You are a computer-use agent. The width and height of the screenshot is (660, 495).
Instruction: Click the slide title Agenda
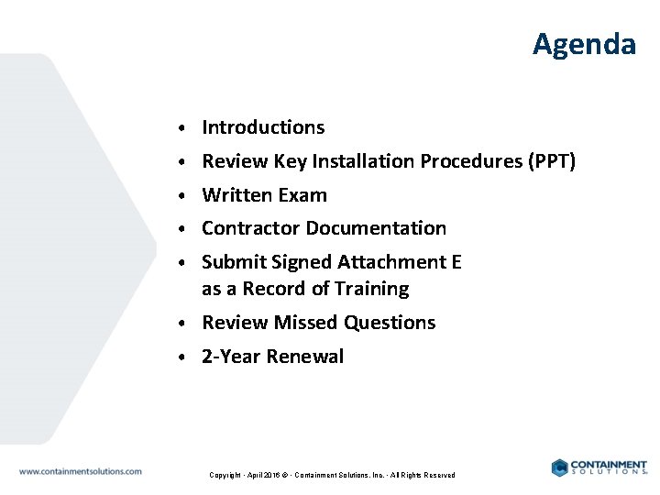pos(584,44)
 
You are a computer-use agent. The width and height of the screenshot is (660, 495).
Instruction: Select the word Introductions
pos(263,127)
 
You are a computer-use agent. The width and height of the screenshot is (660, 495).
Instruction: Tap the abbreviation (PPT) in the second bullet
pos(552,161)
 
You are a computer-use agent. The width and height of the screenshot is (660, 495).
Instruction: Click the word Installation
pos(363,161)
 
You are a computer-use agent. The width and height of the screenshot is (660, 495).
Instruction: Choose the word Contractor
pos(250,228)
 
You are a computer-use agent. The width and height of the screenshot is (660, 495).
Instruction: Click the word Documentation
pos(376,228)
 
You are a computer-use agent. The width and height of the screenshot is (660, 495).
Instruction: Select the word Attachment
pos(392,262)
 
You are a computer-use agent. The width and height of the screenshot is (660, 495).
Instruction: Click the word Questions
pos(392,323)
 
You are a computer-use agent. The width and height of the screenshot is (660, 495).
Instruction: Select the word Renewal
pos(305,357)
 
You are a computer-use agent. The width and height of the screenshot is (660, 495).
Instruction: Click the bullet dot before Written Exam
pos(184,196)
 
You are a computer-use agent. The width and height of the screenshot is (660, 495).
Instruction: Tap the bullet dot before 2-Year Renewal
pos(184,357)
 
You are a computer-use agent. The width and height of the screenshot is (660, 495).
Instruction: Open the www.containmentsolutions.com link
pos(81,471)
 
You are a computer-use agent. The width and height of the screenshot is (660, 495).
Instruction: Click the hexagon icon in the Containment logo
pos(559,467)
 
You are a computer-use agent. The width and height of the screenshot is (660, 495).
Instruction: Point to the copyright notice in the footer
pos(332,475)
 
